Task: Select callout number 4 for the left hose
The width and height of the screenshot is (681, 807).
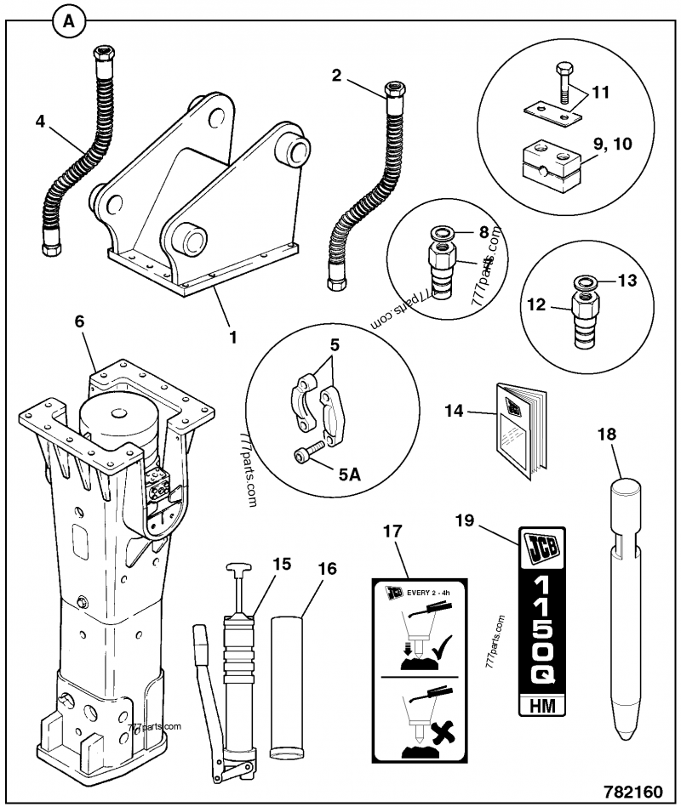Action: pyautogui.click(x=39, y=122)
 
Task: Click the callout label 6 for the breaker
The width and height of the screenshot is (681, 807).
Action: pyautogui.click(x=79, y=321)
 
